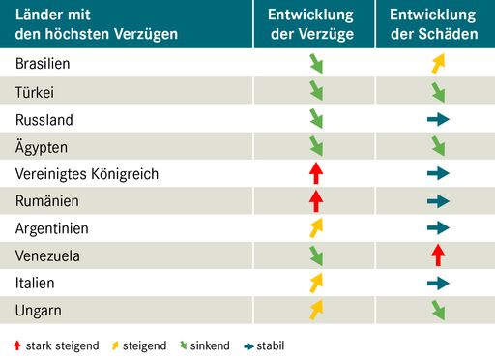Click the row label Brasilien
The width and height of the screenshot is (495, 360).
43,65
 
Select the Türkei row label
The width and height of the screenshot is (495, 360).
35,93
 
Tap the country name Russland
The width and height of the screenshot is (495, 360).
44,120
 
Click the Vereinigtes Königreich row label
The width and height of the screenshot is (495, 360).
87,174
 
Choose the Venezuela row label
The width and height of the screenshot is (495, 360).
47,256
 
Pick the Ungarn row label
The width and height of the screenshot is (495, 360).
40,311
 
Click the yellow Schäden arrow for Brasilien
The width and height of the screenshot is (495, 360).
438,65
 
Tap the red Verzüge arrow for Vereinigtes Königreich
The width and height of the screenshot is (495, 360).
315,174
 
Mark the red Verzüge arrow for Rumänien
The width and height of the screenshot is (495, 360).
315,201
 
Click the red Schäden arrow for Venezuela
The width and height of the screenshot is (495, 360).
438,255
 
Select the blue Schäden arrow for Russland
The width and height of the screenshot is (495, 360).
438,120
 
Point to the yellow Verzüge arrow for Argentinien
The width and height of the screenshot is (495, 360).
315,228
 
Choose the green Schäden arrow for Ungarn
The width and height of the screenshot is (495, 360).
438,311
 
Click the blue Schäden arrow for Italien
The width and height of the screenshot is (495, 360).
438,284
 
